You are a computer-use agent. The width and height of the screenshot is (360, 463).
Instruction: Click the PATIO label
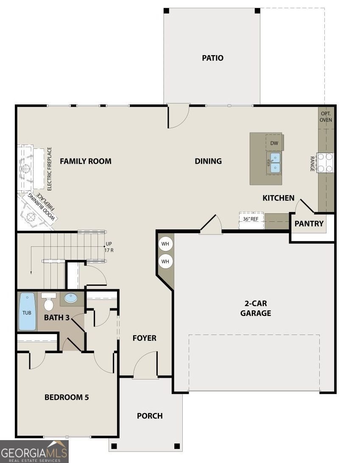pos(212,58)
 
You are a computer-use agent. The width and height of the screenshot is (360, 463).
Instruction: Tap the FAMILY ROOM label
pos(86,161)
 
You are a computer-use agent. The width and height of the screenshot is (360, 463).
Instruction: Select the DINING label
pos(208,161)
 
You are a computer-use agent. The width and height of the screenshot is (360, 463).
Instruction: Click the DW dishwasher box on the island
pos(274,143)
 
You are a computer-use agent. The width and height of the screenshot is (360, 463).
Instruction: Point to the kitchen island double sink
pos(274,163)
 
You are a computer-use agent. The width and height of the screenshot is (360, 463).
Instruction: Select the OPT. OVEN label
pos(326,117)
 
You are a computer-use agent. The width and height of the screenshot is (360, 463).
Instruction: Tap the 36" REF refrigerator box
pos(251,220)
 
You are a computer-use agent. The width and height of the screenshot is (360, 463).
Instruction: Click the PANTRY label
pos(309,223)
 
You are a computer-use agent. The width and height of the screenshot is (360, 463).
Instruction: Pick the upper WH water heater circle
pos(165,244)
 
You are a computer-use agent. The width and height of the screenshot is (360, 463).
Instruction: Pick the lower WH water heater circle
pos(165,262)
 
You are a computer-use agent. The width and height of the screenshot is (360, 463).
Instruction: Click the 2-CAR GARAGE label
pos(256,309)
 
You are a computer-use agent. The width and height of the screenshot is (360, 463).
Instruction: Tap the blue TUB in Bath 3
pos(27,312)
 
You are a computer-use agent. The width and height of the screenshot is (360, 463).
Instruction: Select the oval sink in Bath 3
pos(71,298)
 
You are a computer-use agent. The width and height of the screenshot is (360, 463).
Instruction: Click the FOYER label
pos(144,338)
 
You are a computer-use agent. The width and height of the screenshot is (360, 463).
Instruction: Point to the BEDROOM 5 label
pos(67,397)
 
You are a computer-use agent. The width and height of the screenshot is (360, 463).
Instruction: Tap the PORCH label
pos(150,416)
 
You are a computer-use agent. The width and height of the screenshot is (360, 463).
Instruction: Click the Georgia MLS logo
pos(34,452)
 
